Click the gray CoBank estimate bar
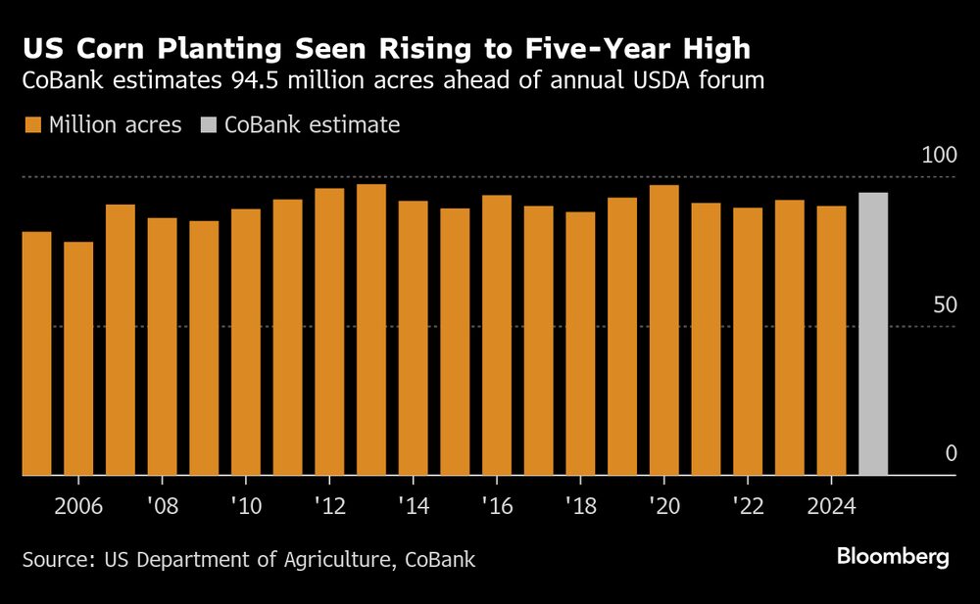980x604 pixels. [873, 334]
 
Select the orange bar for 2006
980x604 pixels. [78, 358]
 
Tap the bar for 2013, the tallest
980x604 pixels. [371, 330]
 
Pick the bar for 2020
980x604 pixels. [664, 330]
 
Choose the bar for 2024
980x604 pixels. [831, 341]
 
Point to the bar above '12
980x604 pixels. [329, 332]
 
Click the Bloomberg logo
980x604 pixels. [893, 557]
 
